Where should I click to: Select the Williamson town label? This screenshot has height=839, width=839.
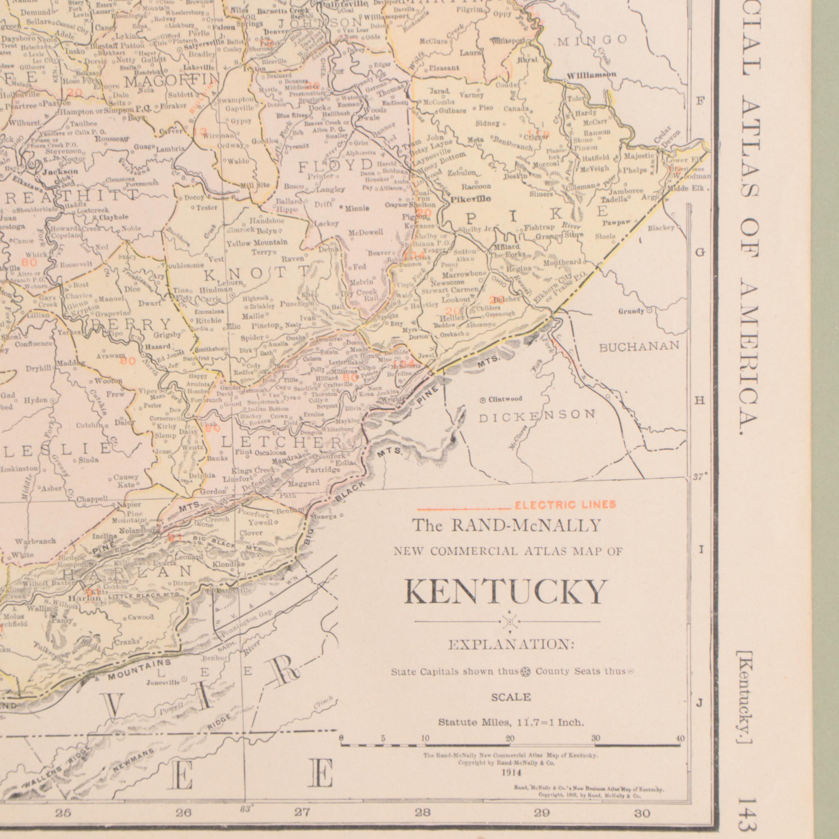coord(591,75)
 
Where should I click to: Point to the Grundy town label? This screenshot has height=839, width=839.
coord(631,311)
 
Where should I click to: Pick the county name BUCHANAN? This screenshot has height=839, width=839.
coord(639,346)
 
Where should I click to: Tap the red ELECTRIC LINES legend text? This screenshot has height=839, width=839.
coord(565,504)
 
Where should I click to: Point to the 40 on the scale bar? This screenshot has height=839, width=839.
coord(680,739)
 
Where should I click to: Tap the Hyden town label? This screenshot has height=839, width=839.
coord(36,400)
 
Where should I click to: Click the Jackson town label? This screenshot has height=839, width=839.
coord(60,172)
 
